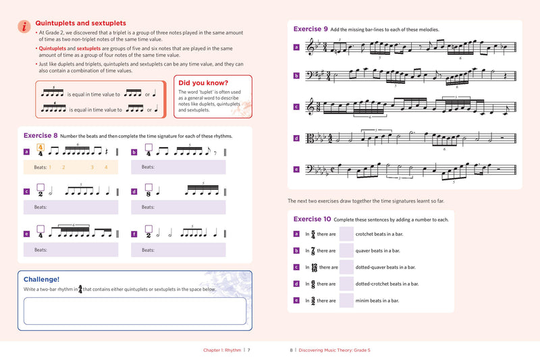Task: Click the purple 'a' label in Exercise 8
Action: click(x=26, y=153)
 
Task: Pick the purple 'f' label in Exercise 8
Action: click(x=134, y=234)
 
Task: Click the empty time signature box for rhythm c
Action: click(x=40, y=188)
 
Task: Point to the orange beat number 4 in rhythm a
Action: click(x=106, y=167)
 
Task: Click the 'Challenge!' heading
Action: click(x=41, y=279)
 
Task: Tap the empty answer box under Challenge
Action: click(x=134, y=311)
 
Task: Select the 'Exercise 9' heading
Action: click(x=310, y=29)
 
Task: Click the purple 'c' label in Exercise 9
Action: click(x=296, y=107)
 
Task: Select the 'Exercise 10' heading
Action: click(x=312, y=219)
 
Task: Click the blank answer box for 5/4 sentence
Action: click(x=346, y=234)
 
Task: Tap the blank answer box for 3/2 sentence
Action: click(x=346, y=301)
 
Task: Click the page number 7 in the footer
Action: click(x=248, y=350)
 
